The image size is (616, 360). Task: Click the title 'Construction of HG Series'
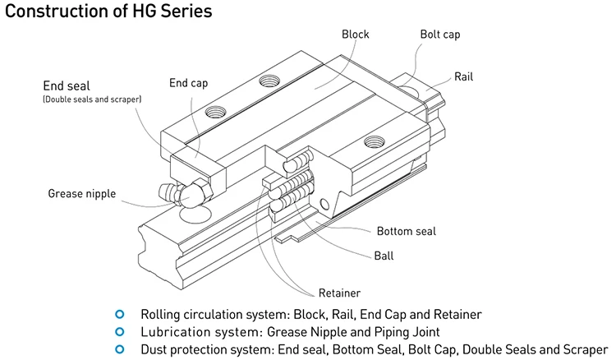[108, 12]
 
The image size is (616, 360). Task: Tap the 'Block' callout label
[355, 35]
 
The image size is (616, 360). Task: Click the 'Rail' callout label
[464, 77]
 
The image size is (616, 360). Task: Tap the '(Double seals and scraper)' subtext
[93, 99]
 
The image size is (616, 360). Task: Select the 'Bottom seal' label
[407, 231]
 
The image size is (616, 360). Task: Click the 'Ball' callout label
[384, 256]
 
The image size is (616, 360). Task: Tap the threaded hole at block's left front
[218, 109]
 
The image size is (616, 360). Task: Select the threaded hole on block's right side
[374, 141]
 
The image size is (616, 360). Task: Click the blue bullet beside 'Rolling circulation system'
[121, 314]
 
